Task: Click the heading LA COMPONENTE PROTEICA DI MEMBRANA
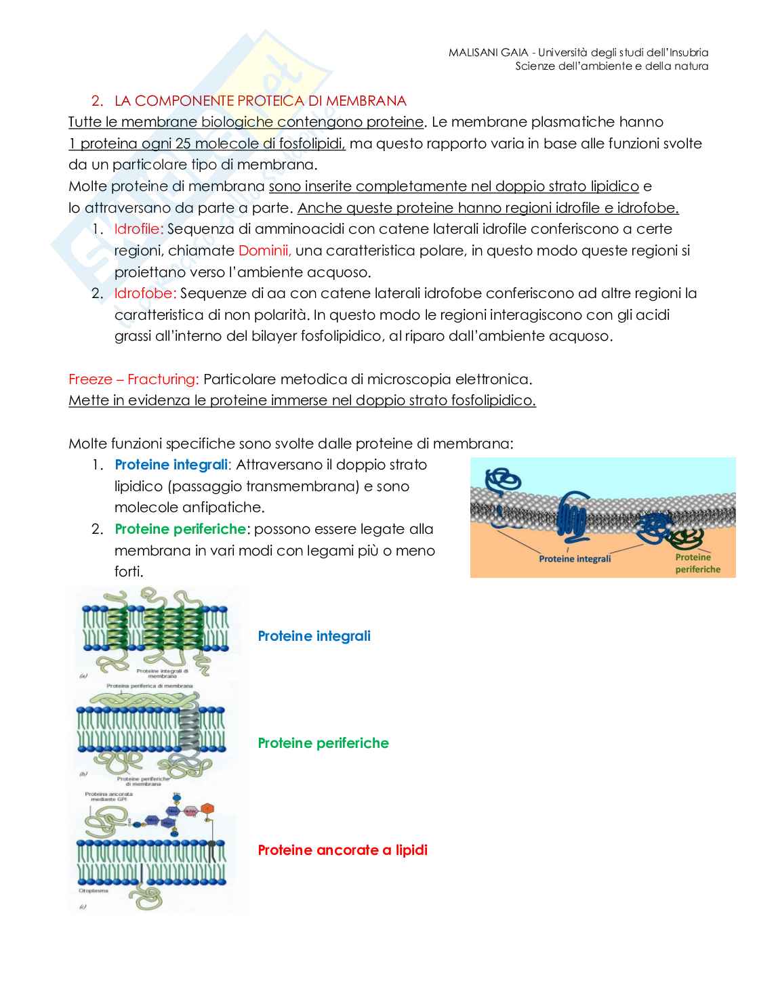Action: coord(260,101)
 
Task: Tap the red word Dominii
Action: coord(264,251)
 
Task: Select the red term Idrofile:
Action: coord(138,229)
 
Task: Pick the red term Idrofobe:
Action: coord(145,293)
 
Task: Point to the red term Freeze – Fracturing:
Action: coord(134,379)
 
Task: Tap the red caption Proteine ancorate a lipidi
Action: coord(342,850)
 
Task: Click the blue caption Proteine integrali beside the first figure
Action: coord(314,636)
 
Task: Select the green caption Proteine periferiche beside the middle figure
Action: coord(323,743)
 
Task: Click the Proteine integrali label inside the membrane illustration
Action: coord(575,559)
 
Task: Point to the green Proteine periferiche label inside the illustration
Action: coord(697,564)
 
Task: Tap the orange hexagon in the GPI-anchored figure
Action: coord(208,808)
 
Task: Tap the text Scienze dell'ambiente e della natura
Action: coord(611,66)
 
